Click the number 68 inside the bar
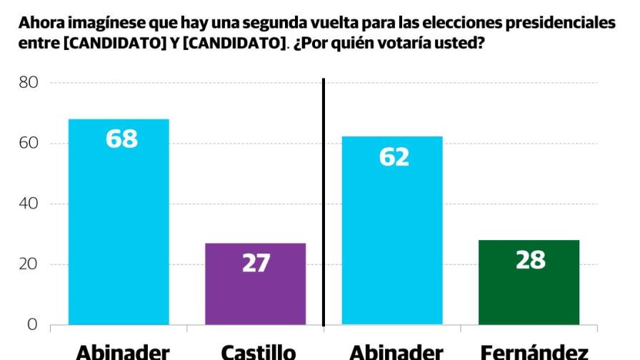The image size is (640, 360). pos(121,139)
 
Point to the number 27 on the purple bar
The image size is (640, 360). pos(255,263)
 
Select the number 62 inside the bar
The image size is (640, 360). pos(394,156)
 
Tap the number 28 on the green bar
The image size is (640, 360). pos(530,260)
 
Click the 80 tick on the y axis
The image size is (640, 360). pos(29,83)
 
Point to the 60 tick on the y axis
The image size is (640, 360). pos(29,144)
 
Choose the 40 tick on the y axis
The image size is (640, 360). pos(29,204)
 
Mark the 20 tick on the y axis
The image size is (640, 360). pos(29,264)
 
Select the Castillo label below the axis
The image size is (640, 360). pos(258,351)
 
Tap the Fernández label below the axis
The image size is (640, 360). pos(534,351)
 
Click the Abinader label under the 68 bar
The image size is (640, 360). pos(123,351)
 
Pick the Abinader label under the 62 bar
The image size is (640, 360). pos(396,351)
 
